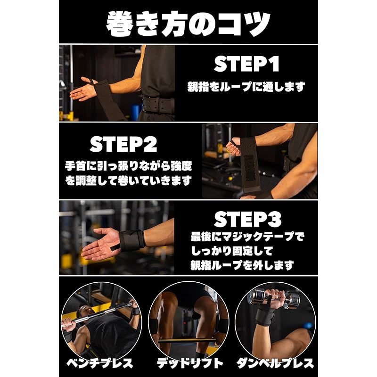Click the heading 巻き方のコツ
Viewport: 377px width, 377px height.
[x=188, y=24]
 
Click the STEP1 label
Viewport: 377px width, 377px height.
[x=246, y=64]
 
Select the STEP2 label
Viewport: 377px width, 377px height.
[x=123, y=144]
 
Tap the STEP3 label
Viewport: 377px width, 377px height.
[x=248, y=219]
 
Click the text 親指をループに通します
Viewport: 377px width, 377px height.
[x=246, y=87]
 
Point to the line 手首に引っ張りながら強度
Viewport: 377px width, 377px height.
[x=128, y=166]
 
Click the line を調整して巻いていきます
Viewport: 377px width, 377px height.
[x=128, y=180]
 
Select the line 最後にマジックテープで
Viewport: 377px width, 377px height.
[x=247, y=237]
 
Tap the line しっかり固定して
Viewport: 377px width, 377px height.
[x=232, y=251]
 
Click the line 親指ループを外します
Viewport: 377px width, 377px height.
[x=242, y=266]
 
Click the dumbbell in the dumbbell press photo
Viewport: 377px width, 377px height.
[x=274, y=298]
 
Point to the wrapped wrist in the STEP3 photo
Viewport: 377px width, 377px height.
[x=132, y=239]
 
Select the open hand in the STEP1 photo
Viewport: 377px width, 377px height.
[x=83, y=89]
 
